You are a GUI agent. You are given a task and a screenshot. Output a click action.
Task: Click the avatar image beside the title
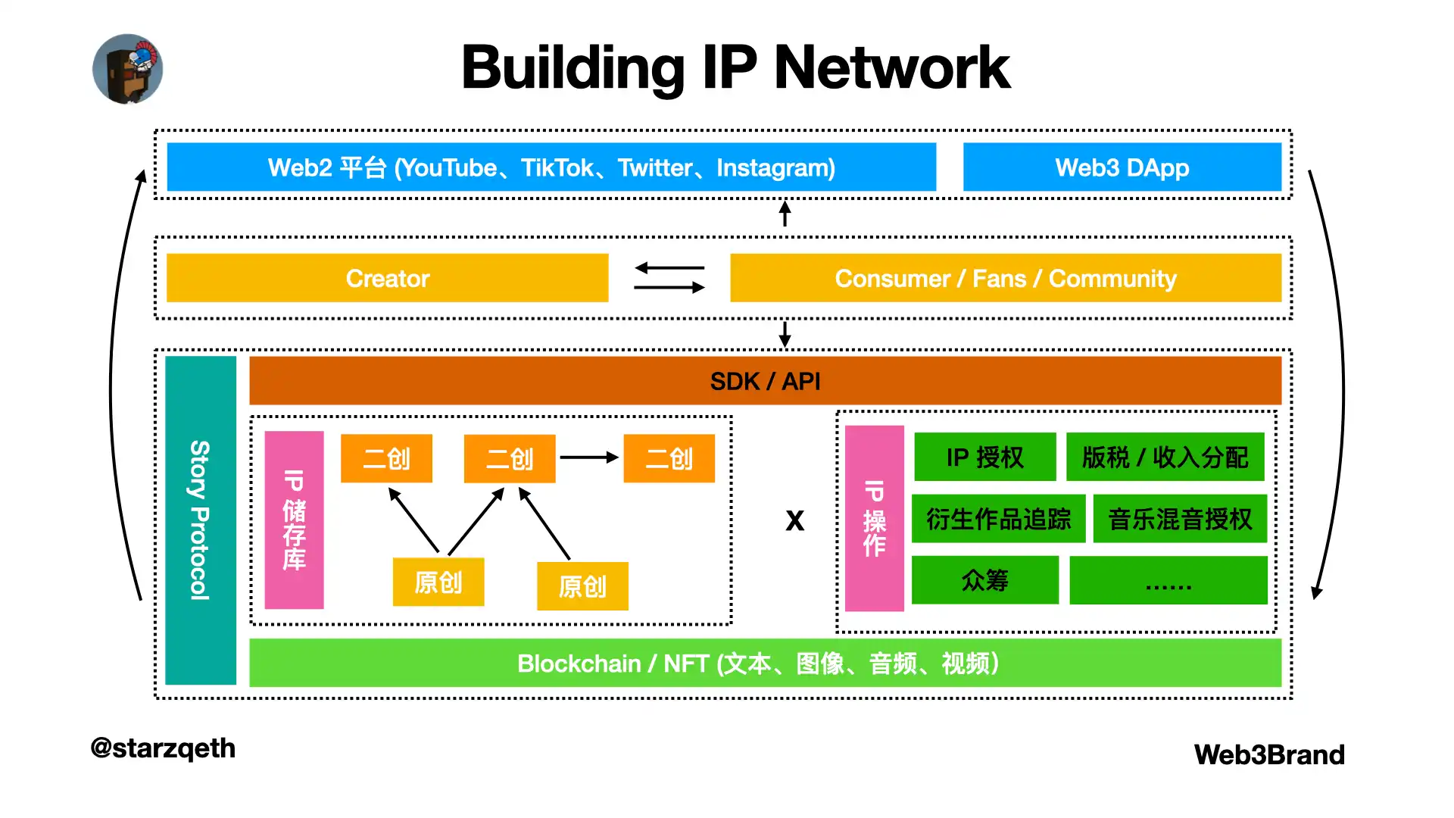127,69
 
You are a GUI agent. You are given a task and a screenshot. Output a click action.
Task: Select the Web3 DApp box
1122,167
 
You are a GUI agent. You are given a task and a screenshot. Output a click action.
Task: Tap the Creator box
387,278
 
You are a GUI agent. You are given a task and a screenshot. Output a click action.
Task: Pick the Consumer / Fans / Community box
1005,278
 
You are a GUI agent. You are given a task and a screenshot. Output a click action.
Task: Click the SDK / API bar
765,381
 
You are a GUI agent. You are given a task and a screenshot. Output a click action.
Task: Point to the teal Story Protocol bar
201,520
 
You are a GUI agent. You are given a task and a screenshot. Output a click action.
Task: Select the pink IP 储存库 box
294,520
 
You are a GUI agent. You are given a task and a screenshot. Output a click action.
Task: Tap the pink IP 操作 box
874,519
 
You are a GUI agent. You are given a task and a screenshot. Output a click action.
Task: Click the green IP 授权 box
984,457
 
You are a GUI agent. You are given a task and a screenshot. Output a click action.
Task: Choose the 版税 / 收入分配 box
1165,457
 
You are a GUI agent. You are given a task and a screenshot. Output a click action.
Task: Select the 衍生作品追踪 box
998,520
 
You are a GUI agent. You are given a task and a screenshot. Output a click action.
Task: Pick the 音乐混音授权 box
1180,520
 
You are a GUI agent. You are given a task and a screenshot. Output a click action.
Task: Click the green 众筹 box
984,580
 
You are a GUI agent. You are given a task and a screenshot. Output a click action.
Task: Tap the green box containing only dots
1168,581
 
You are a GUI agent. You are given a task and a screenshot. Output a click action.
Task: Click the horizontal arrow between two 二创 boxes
588,457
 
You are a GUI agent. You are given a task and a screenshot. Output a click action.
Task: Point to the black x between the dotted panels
794,520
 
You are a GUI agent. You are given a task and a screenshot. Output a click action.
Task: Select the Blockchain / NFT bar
765,663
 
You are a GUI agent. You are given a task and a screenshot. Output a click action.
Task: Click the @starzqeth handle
163,748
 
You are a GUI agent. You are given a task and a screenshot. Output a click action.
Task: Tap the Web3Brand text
1269,754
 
